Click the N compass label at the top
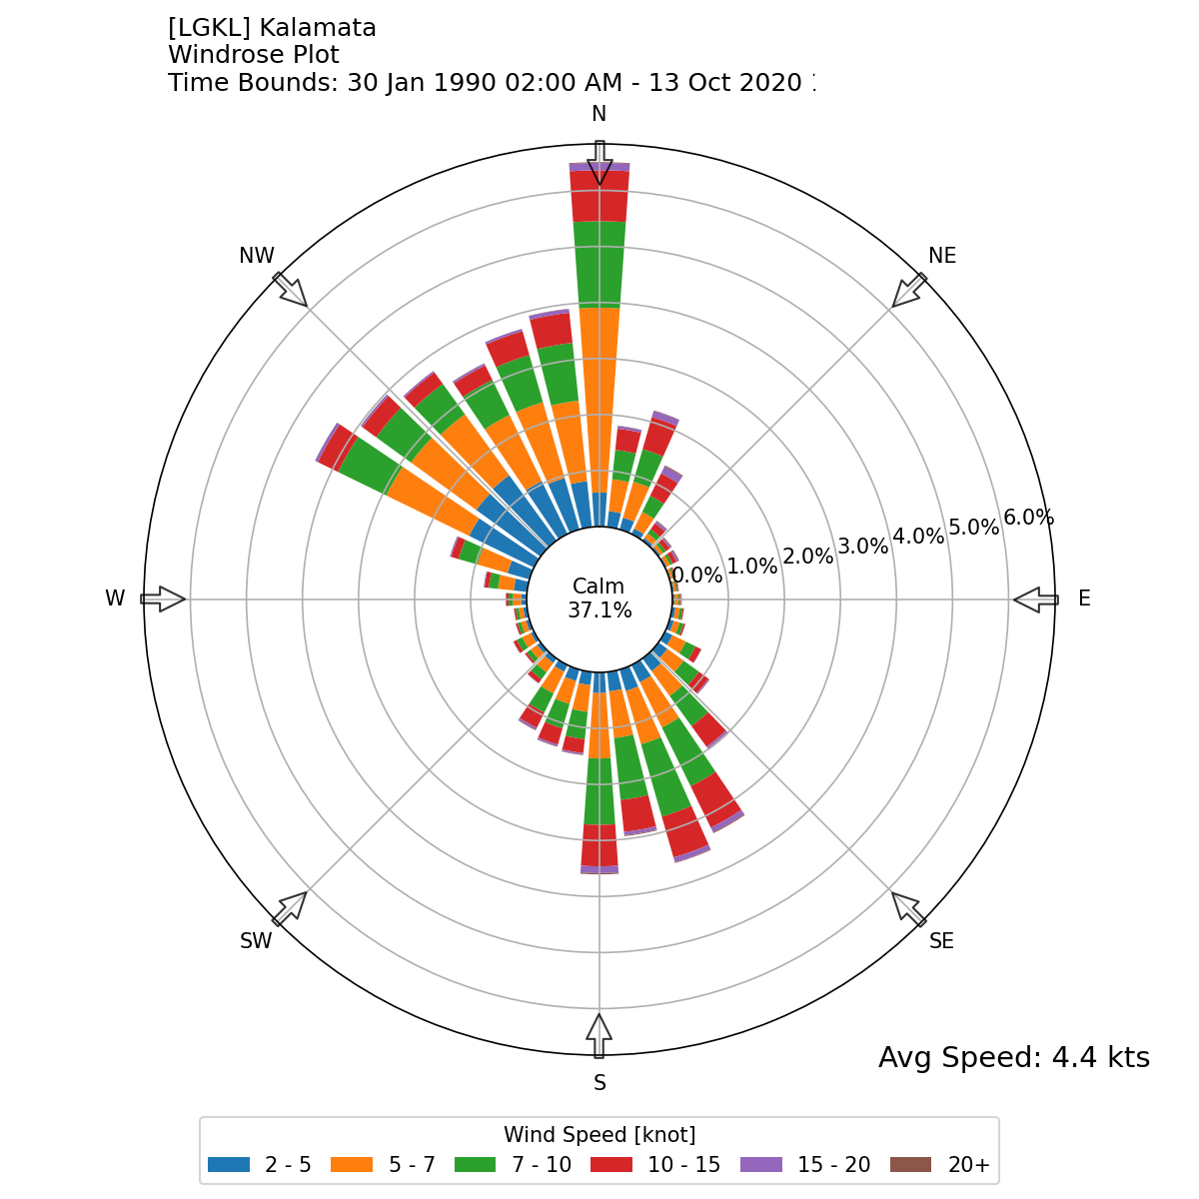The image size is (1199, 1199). coord(599,113)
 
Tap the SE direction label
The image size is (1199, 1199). coord(941,940)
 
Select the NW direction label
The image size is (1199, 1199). coord(257,256)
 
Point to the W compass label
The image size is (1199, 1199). coord(115,599)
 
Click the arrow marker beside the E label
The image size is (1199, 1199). coord(1036,599)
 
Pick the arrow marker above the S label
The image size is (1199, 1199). coord(599,1035)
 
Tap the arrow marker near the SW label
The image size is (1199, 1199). coord(290,908)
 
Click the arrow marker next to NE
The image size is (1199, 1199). coord(909,290)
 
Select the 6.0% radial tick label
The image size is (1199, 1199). coord(1028,518)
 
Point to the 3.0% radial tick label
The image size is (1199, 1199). coord(862,547)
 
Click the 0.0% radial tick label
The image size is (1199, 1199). coord(697,575)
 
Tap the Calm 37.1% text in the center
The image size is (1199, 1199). coord(599,599)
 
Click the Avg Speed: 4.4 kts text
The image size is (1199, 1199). coord(1013,1057)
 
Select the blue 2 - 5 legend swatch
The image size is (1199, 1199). coord(229,1165)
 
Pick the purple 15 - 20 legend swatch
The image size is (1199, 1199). coord(761,1165)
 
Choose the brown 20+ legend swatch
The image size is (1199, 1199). coord(910,1165)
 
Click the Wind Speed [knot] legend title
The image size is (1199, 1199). coord(599,1135)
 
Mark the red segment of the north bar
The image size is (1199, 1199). coord(599,196)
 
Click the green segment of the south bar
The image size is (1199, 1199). coord(599,791)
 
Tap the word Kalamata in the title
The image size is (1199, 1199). coord(318,28)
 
